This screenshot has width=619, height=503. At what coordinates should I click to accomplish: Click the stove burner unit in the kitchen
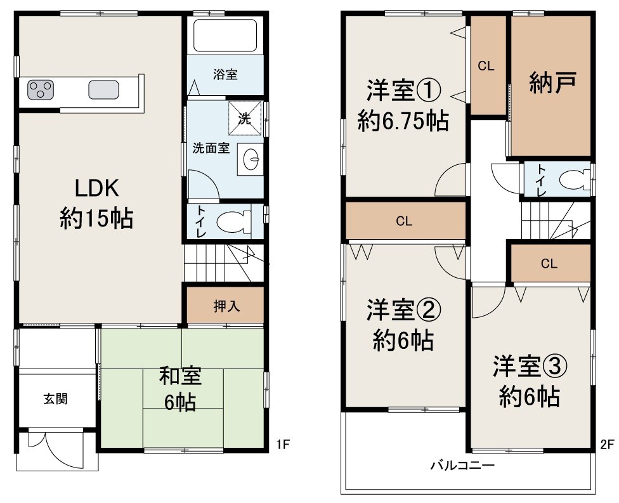tap(41, 91)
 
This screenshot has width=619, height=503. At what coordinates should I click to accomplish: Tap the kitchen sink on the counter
tap(103, 90)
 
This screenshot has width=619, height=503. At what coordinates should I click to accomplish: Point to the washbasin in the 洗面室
tap(251, 157)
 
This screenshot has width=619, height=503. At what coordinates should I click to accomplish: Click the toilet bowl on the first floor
tap(231, 222)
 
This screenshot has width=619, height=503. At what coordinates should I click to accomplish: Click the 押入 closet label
tap(225, 306)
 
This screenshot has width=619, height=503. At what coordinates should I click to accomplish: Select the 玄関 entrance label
tap(56, 399)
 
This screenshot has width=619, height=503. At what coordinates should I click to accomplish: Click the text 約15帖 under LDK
tap(96, 219)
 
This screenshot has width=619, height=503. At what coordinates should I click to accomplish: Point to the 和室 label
tap(180, 376)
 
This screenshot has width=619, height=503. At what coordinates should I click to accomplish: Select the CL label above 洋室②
tap(404, 221)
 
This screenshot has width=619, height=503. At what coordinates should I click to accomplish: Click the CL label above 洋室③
tap(549, 264)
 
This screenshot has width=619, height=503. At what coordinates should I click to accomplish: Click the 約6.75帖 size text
tap(403, 120)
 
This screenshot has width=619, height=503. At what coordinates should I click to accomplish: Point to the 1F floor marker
tap(283, 444)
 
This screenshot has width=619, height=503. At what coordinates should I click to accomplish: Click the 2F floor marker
tap(608, 444)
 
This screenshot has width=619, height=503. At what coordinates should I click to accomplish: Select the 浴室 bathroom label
tap(225, 74)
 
